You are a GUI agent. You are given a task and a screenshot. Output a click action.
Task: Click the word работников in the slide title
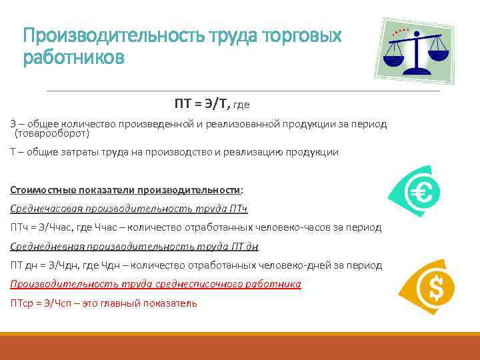coord(73,58)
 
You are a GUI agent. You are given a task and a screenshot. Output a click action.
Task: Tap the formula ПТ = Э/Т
coord(202,103)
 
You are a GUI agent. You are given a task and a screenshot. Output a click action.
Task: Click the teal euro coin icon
coord(415,194)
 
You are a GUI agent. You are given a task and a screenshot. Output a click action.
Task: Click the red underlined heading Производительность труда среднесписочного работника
coord(155,284)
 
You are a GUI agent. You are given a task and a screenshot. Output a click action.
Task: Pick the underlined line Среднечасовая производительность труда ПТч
coord(129,209)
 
